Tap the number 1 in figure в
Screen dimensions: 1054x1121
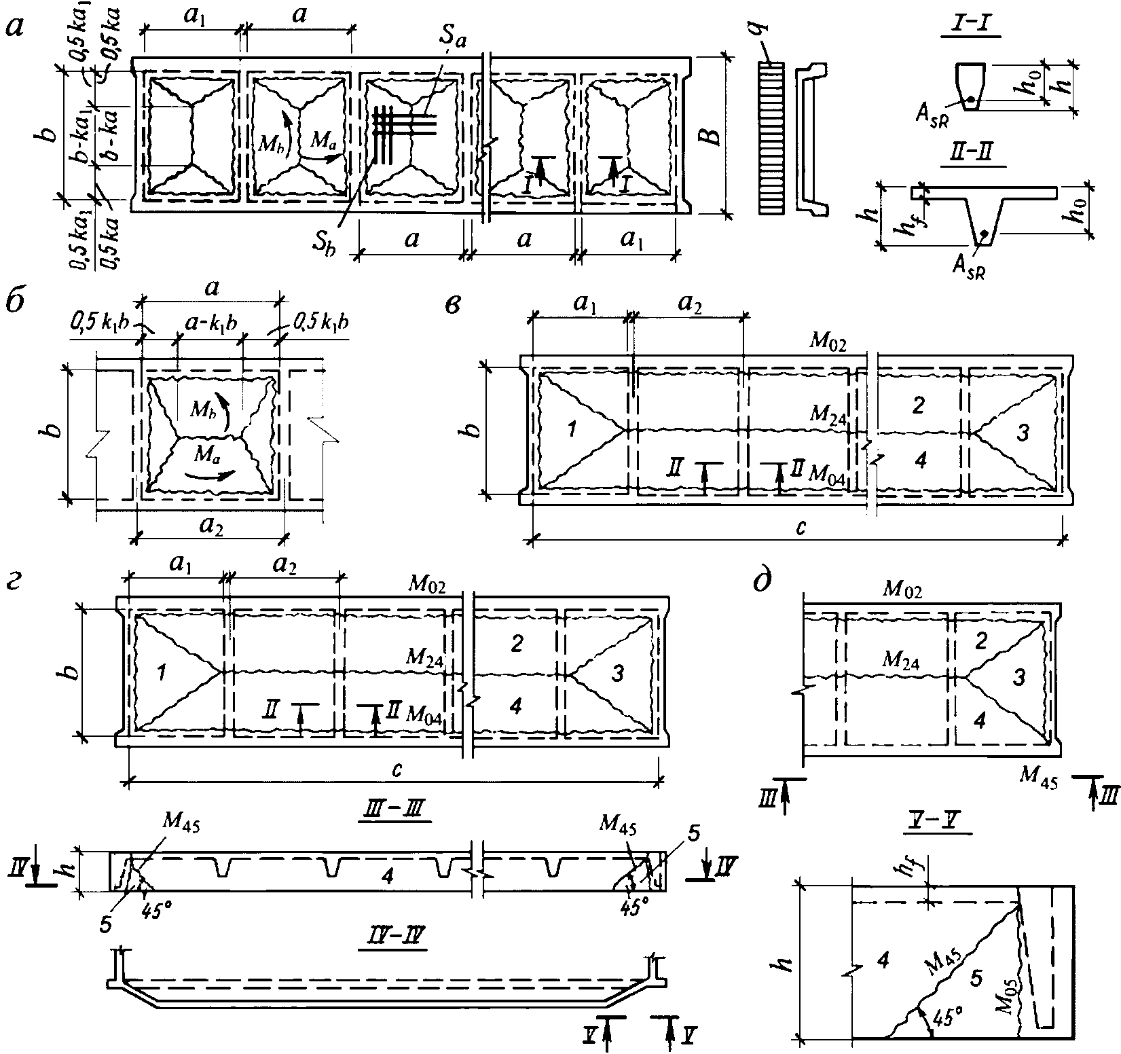click(x=572, y=429)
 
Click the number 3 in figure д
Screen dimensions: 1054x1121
click(x=1016, y=676)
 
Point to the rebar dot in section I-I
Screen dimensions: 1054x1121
click(x=971, y=100)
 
